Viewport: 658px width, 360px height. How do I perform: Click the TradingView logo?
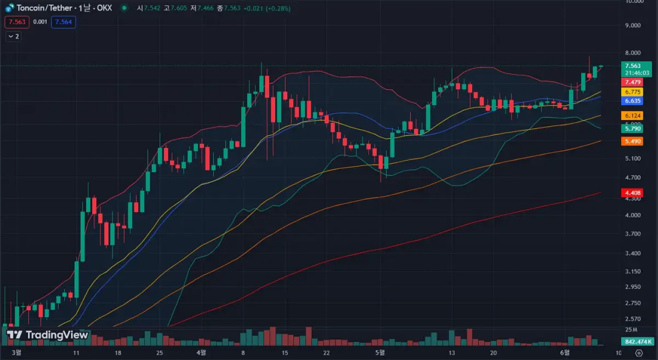[47, 335]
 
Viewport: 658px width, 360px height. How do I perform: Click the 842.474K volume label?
[636, 342]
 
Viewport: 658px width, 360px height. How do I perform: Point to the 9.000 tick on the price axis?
[633, 25]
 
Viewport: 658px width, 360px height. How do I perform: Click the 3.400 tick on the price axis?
[633, 253]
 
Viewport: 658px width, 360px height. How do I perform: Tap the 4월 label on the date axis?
[201, 352]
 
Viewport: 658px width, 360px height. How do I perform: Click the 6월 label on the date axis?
[565, 352]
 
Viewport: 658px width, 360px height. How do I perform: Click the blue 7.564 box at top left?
[63, 22]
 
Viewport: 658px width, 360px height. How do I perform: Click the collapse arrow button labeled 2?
[13, 36]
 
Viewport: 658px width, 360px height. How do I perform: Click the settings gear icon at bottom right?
[638, 352]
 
